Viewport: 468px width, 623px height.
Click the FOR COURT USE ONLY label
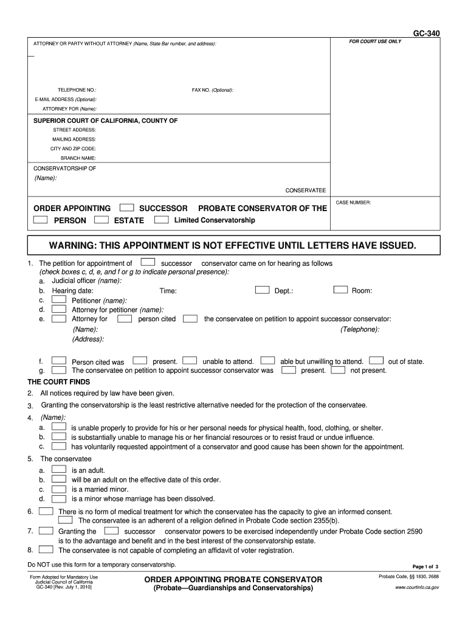point(375,42)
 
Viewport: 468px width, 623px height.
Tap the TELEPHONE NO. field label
point(77,90)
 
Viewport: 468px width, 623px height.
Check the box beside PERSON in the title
point(41,220)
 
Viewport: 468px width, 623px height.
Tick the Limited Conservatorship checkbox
point(161,220)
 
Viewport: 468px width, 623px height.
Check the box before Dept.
point(262,290)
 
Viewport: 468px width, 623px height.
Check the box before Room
point(340,290)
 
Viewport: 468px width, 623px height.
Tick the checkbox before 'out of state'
point(376,361)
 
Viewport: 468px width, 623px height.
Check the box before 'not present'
point(339,370)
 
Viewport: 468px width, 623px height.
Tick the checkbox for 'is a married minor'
point(59,489)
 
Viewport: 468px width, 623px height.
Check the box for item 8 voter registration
point(46,549)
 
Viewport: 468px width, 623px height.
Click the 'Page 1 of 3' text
point(429,566)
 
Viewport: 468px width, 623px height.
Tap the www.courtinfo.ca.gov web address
point(417,588)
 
